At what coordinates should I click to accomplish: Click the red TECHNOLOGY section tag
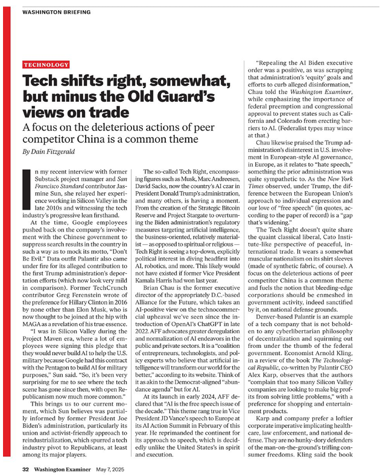pos(46,64)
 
